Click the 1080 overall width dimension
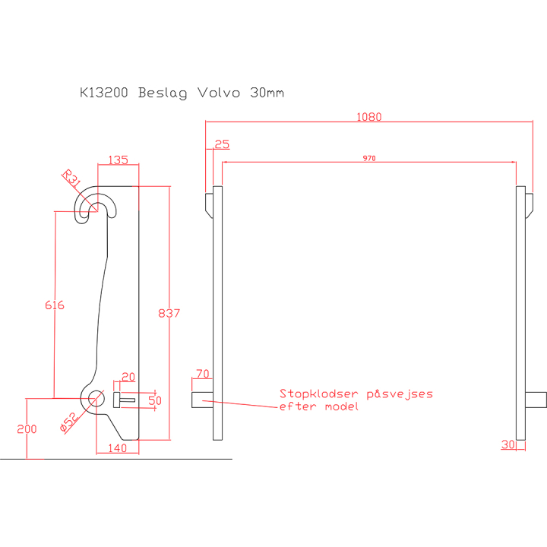[x=369, y=117]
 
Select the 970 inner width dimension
[x=369, y=158]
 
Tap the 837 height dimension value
[x=168, y=313]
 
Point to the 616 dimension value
[x=54, y=305]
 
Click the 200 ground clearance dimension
[x=27, y=428]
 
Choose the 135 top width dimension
[x=118, y=160]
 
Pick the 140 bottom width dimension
[x=117, y=448]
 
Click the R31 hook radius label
[x=71, y=179]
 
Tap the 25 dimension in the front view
[x=222, y=144]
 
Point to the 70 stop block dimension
[x=202, y=374]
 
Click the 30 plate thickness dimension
[x=507, y=444]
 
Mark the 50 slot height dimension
[x=155, y=400]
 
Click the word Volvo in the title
[x=218, y=93]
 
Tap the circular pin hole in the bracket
[x=96, y=398]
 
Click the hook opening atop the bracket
[x=97, y=207]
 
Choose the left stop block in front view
[x=202, y=397]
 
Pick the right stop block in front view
[x=536, y=397]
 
